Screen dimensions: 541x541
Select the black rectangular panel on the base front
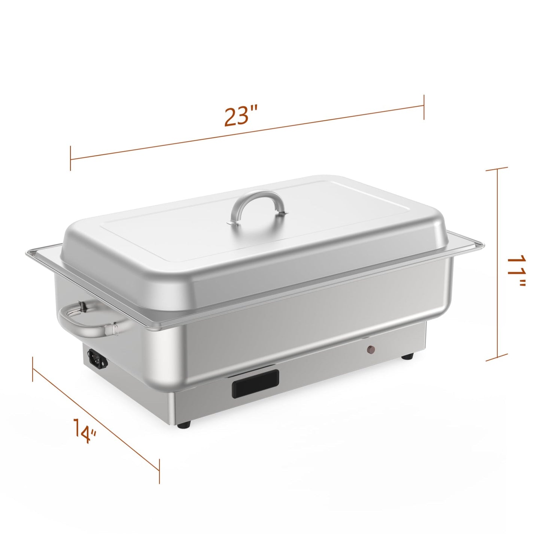pyautogui.click(x=255, y=383)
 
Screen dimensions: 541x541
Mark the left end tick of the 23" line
pyautogui.click(x=70, y=159)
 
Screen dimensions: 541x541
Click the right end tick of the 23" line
pyautogui.click(x=424, y=107)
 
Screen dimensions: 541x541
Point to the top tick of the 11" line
pyautogui.click(x=497, y=169)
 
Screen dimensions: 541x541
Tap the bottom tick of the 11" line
pyautogui.click(x=497, y=360)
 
